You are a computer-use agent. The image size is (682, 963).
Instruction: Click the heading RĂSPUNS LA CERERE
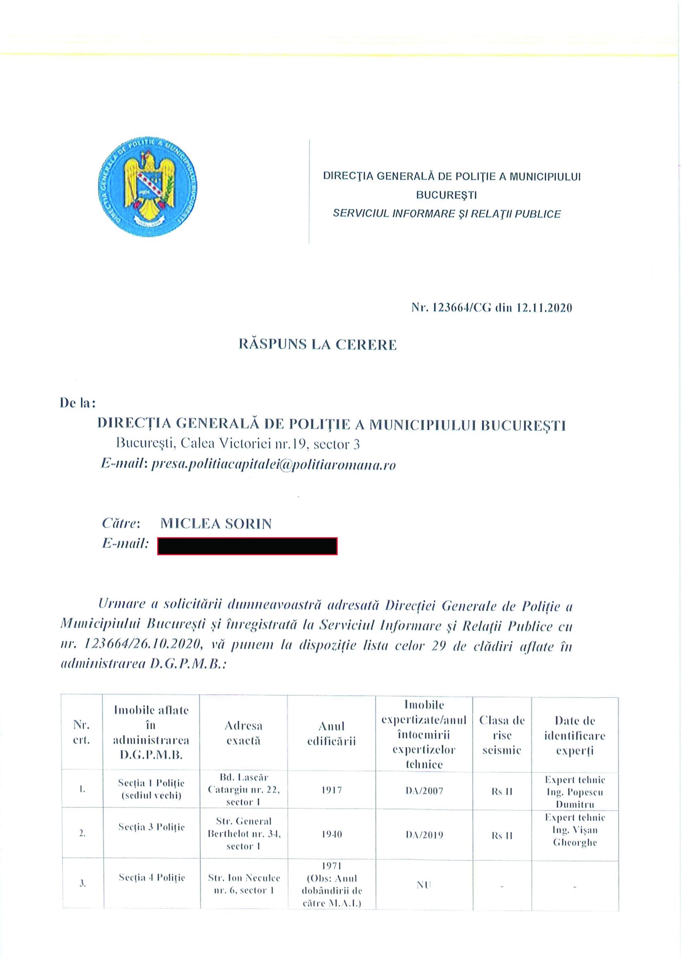pyautogui.click(x=318, y=345)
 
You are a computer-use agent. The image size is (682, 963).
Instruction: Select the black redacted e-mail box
pyautogui.click(x=247, y=546)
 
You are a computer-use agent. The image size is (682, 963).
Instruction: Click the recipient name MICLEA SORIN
pyautogui.click(x=216, y=524)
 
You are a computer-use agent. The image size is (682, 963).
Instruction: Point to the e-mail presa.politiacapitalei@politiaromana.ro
pyautogui.click(x=273, y=465)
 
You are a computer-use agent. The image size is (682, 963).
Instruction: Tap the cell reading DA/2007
pyautogui.click(x=424, y=791)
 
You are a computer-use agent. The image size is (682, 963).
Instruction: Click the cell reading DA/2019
pyautogui.click(x=424, y=835)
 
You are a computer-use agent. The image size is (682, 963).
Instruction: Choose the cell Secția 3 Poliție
pyautogui.click(x=151, y=827)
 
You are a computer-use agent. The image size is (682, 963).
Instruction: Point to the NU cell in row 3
pyautogui.click(x=424, y=885)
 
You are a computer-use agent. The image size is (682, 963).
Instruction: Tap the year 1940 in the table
pyautogui.click(x=331, y=834)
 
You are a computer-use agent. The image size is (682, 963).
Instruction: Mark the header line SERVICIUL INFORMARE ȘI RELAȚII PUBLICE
pyautogui.click(x=446, y=214)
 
